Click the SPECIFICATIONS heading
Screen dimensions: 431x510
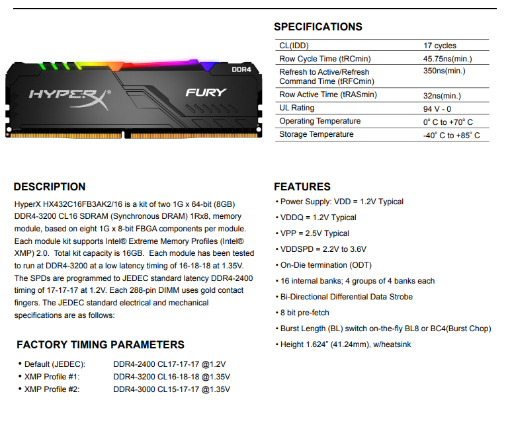tap(318, 27)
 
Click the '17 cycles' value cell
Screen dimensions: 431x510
tap(440, 46)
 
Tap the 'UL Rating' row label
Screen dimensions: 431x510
tap(297, 108)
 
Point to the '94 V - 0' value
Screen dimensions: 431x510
tap(437, 108)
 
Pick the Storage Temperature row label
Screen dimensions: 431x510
tap(316, 134)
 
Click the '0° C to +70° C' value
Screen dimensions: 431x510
tap(448, 122)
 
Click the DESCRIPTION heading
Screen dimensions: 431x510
tap(50, 186)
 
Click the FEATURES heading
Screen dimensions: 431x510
tap(302, 186)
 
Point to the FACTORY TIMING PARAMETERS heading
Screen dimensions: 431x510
tap(101, 344)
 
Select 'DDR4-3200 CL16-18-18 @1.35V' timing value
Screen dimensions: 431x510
tap(171, 377)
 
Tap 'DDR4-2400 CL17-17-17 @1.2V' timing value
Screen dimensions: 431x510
tap(169, 364)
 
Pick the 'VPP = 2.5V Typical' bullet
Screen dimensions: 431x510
tap(315, 233)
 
